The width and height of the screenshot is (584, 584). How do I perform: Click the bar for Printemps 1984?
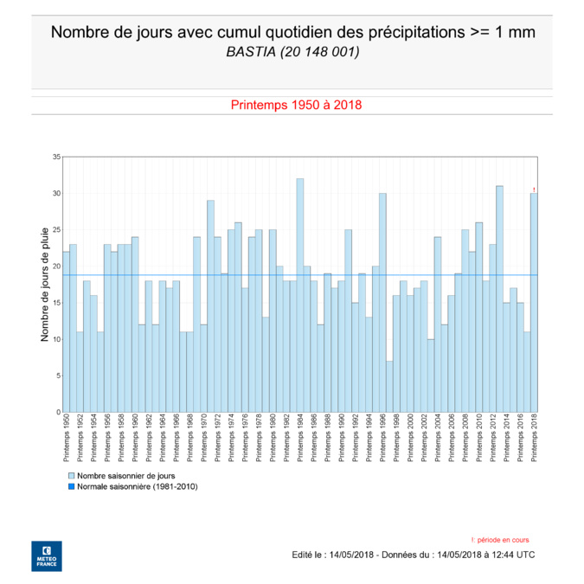point(300,295)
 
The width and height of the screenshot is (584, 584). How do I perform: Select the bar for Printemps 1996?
point(382,302)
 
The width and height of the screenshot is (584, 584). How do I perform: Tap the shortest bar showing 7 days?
point(389,386)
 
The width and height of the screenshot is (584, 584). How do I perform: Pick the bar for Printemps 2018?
point(534,302)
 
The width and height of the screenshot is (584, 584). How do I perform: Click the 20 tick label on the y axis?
point(56,266)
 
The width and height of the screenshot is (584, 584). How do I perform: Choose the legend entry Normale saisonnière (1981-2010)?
point(137,487)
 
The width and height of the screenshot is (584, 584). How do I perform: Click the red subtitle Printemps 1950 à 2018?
point(296,105)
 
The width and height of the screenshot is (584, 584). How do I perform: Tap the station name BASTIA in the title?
point(250,53)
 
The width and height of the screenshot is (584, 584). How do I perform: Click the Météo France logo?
point(46,555)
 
